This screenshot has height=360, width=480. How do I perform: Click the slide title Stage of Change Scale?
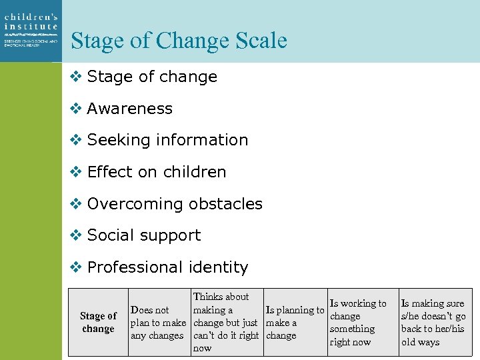179,41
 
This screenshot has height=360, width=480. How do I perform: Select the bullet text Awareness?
129,109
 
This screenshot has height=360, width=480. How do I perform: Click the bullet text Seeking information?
167,140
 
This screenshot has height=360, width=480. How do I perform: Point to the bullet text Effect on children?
157,172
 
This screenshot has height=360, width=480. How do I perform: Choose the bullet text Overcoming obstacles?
175,204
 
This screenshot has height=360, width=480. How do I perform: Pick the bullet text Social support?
144,235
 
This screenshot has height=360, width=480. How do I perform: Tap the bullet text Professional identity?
167,267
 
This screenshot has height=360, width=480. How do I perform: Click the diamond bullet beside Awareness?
76,109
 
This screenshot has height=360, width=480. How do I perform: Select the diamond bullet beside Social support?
76,235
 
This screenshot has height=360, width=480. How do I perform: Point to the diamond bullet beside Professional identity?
76,267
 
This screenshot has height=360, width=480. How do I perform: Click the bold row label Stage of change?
98,322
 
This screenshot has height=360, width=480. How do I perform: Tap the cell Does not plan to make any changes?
158,323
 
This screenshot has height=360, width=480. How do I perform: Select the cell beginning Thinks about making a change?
225,323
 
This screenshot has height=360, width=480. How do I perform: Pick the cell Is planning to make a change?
294,323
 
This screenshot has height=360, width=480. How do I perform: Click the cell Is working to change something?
357,323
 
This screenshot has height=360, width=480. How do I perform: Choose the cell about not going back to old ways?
433,323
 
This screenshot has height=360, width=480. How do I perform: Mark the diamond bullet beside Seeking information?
76,140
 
